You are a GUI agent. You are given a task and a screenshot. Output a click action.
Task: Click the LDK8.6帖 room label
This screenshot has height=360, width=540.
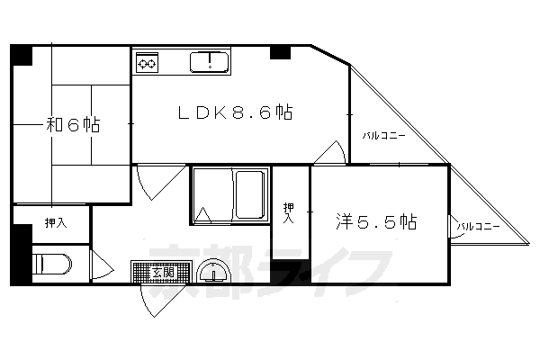[233, 113]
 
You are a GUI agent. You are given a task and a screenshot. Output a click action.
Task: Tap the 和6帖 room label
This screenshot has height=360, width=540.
[72, 125]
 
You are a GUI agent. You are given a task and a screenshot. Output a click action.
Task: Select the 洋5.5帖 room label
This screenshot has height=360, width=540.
[378, 220]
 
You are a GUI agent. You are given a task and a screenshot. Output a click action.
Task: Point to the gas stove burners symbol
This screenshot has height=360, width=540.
[147, 64]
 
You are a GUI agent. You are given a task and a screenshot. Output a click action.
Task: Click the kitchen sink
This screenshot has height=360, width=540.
[211, 62]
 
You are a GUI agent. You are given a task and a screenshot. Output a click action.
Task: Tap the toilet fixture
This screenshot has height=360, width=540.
[51, 266]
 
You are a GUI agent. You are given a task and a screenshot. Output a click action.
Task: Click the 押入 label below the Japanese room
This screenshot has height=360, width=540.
[55, 222]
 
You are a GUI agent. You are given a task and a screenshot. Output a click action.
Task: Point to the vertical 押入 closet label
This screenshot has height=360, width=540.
[288, 211]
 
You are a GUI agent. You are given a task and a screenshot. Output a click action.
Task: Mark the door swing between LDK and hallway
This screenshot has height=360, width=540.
[154, 182]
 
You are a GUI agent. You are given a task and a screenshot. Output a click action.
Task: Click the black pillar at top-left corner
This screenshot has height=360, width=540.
[22, 54]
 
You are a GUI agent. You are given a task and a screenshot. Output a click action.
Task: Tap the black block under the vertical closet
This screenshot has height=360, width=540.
[290, 271]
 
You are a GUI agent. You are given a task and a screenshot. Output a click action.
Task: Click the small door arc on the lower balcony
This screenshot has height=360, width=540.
[455, 231]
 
